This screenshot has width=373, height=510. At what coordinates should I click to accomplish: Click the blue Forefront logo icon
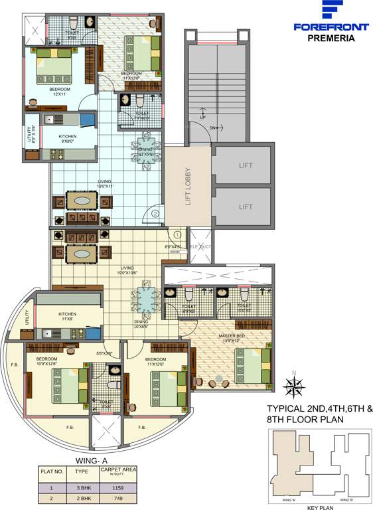(x=331, y=11)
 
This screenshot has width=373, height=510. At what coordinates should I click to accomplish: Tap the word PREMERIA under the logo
(x=331, y=38)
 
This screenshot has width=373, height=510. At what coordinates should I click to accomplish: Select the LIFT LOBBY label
(x=188, y=185)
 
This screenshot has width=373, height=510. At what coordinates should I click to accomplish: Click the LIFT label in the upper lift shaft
(x=246, y=165)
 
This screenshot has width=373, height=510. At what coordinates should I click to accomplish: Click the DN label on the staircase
(x=212, y=128)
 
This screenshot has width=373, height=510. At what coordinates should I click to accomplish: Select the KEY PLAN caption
(x=321, y=507)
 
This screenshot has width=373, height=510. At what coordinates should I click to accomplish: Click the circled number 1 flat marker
(x=178, y=234)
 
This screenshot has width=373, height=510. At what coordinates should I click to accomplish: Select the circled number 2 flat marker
(x=155, y=214)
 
